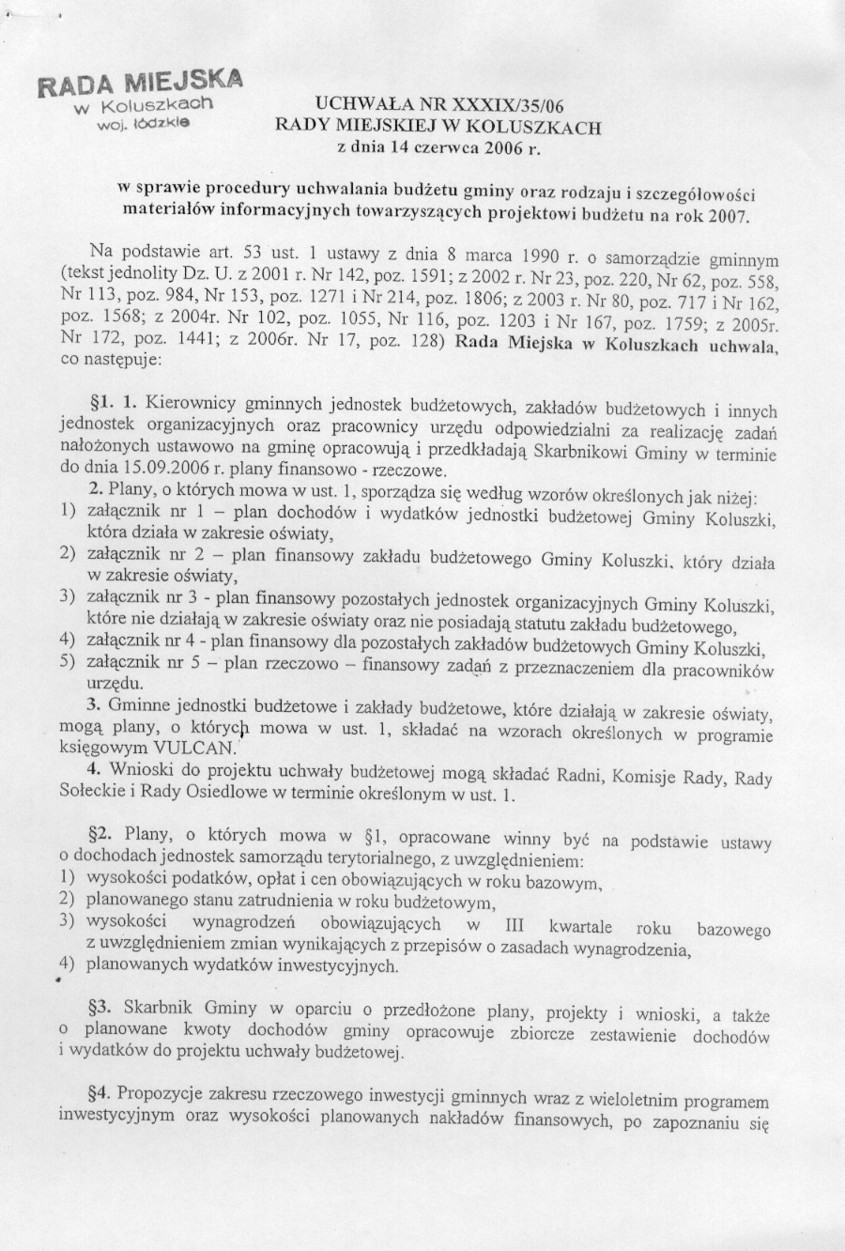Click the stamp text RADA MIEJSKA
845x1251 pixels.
(x=139, y=82)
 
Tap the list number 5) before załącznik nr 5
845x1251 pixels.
(x=67, y=662)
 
